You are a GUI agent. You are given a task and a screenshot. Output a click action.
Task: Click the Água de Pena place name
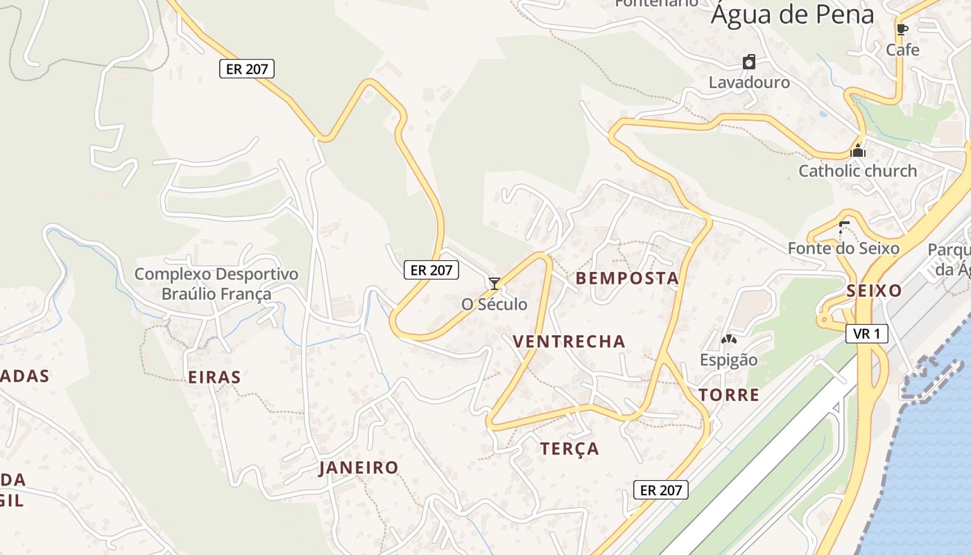coord(791,15)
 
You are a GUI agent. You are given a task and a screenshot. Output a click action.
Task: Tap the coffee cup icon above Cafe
coord(902,29)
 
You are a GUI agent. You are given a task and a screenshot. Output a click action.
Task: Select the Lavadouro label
coord(749,83)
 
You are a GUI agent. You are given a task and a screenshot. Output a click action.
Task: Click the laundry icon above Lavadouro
coord(749,62)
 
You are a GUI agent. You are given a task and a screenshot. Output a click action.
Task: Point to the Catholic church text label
coord(857,171)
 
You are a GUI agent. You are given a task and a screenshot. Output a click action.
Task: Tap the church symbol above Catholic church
coord(858,150)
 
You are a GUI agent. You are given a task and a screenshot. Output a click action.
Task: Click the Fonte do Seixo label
coord(843,248)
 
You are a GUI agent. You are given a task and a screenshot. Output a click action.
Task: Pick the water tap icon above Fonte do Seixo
coord(843,226)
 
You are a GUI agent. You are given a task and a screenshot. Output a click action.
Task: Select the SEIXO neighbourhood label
coord(874,291)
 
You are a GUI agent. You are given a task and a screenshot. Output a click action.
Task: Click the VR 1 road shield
coord(867,334)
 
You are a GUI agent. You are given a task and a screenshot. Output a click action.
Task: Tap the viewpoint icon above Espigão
coord(728,340)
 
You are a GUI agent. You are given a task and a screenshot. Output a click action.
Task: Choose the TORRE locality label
coord(729,395)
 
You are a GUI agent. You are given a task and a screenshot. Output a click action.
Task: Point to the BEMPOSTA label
coord(627,279)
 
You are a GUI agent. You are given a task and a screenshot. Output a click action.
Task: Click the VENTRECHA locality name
coord(569,341)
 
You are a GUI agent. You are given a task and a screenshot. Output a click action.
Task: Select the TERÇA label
coord(569,449)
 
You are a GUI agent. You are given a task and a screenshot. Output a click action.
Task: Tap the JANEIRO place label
coord(359,468)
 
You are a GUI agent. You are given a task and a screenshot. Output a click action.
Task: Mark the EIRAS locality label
coord(214,377)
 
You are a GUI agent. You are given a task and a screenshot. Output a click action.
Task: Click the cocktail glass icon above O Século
coord(495,283)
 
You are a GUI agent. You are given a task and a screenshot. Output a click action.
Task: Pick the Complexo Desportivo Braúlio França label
coord(216,284)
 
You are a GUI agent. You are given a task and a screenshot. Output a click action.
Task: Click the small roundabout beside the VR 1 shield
coord(825,320)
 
